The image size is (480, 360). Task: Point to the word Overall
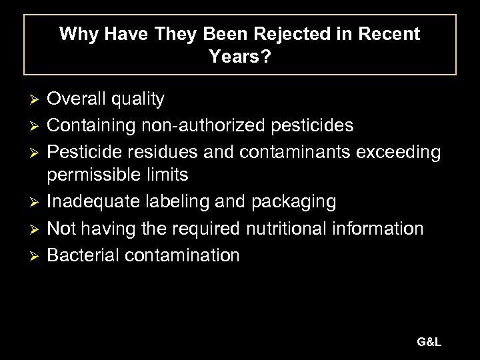click(80, 100)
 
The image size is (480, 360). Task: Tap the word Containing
click(93, 125)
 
